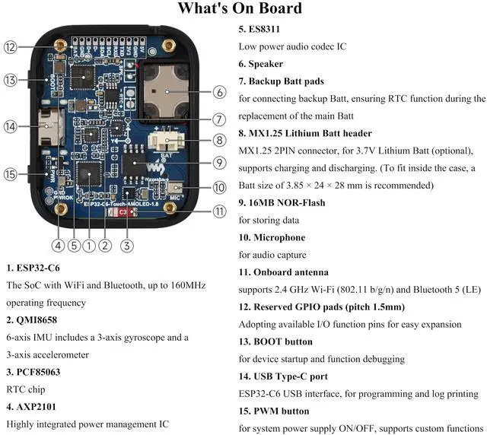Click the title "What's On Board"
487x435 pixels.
pos(240,9)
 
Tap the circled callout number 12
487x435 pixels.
pos(10,47)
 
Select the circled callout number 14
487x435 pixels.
pos(10,127)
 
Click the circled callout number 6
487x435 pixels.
pos(219,93)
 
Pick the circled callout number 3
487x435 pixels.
pos(127,245)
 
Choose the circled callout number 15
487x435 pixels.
pos(10,174)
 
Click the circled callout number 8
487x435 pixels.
pos(219,140)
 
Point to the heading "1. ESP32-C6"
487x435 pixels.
pos(33,268)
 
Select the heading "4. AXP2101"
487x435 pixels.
pos(30,407)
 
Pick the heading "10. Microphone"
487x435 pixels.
pos(272,238)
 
